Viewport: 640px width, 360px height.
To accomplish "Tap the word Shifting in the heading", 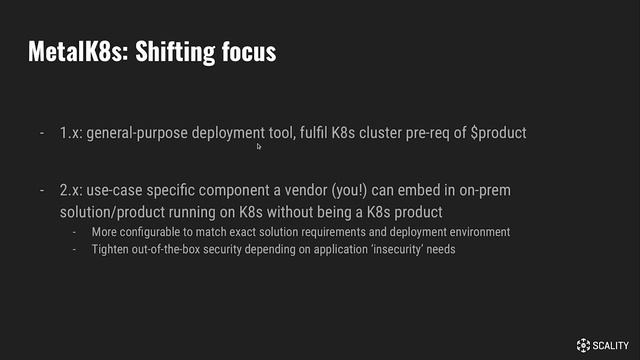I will point(177,52).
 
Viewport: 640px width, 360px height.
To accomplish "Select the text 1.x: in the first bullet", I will point(71,133).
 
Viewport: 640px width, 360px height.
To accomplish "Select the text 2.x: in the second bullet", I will point(72,190).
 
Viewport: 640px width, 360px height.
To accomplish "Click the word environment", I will point(471,232).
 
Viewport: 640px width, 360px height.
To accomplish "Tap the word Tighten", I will point(110,249).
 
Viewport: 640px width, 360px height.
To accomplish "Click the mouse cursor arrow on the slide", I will point(259,146).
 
